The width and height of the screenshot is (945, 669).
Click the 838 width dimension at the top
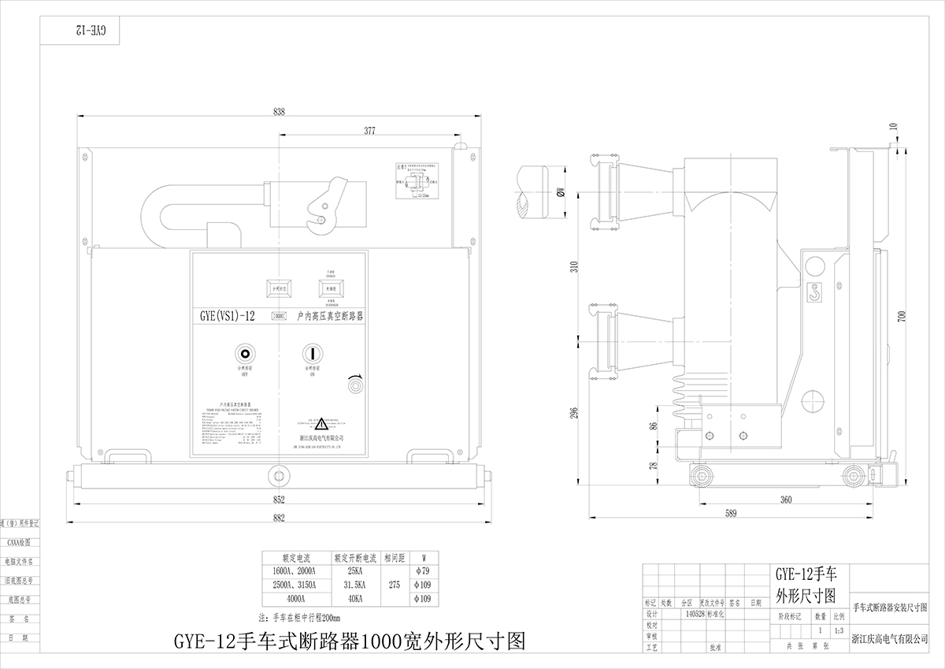point(279,112)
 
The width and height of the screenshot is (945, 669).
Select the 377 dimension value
point(369,130)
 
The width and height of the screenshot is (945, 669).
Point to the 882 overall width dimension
point(279,517)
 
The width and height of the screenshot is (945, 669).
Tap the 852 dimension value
point(279,500)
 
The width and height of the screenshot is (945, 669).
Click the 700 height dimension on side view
point(902,317)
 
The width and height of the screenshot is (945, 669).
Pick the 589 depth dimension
point(732,514)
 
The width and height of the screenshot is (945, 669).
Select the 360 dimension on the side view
point(785,500)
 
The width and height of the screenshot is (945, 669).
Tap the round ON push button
point(312,352)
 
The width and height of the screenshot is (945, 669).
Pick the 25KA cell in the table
point(355,571)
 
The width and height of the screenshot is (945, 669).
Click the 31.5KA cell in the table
point(355,585)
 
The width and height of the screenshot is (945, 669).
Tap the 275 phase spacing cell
point(396,585)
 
